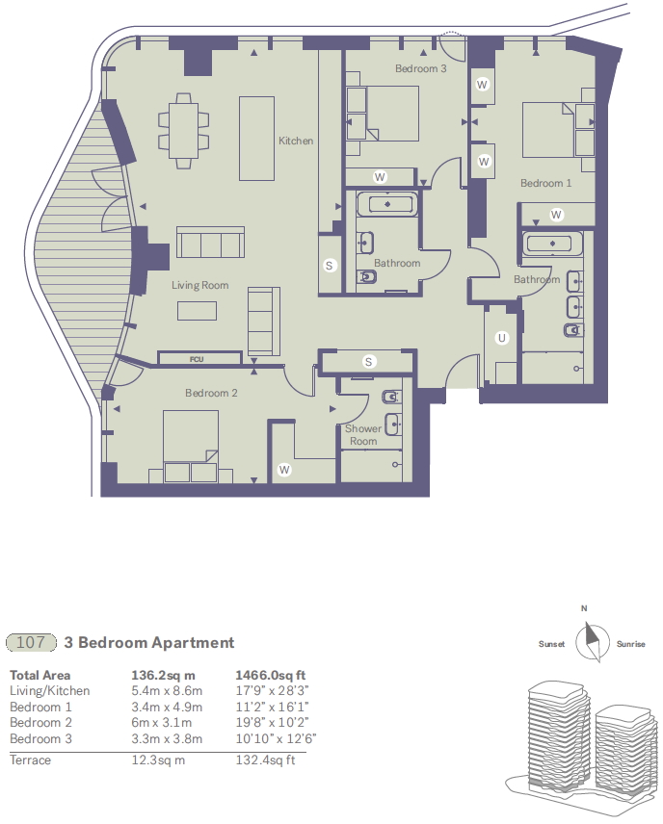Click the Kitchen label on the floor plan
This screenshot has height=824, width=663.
tap(296, 141)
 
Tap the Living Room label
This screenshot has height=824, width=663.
tap(200, 285)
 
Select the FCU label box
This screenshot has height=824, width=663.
tap(197, 359)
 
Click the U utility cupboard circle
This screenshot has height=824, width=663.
tap(501, 338)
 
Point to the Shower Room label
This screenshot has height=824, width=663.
tap(361, 435)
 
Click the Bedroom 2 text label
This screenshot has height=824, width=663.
tap(212, 393)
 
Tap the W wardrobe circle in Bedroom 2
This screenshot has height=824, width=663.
tap(284, 470)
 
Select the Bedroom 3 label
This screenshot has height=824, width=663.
tap(421, 69)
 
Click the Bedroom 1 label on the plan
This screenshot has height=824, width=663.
tap(545, 183)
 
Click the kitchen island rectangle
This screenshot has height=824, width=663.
tap(257, 138)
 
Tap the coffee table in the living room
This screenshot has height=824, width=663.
tap(197, 310)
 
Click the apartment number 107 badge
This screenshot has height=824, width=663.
tap(32, 642)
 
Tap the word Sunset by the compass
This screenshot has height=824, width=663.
tap(551, 644)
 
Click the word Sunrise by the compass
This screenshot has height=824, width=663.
tap(630, 644)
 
